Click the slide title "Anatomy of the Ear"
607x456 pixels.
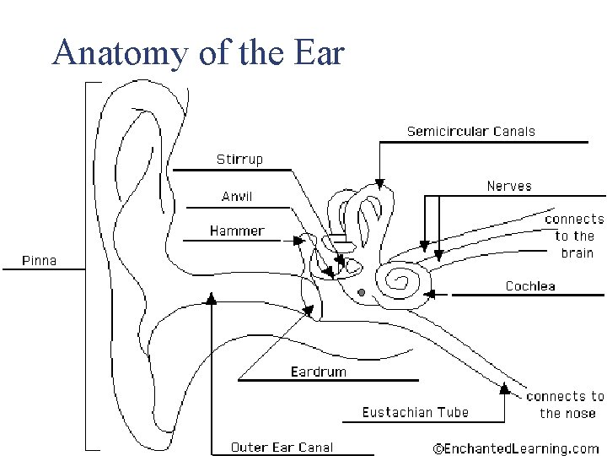198,53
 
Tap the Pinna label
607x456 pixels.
39,260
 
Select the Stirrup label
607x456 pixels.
239,159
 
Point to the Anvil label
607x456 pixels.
237,197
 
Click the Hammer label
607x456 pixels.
237,231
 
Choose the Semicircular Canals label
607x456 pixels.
470,131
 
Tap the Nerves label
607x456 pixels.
509,186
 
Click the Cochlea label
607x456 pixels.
530,286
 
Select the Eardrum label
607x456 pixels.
318,372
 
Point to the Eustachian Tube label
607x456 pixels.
416,412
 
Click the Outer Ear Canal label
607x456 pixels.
282,448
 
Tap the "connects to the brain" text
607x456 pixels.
575,236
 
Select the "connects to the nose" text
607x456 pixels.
565,404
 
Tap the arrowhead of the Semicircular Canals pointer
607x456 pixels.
379,182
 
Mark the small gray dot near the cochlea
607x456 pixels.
361,292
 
